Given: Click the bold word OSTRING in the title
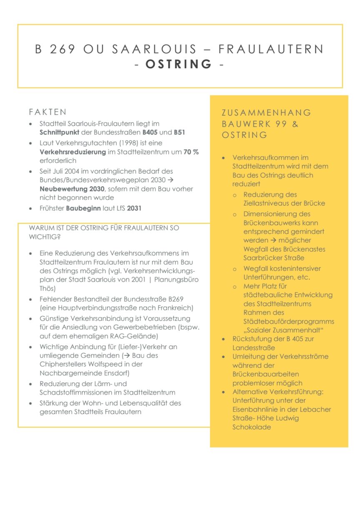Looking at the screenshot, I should [179, 64].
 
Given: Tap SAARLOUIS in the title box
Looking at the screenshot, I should [155, 49].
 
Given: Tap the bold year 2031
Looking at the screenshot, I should [134, 208].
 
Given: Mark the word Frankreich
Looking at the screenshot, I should [175, 308].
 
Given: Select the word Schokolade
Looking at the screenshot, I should [252, 427].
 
